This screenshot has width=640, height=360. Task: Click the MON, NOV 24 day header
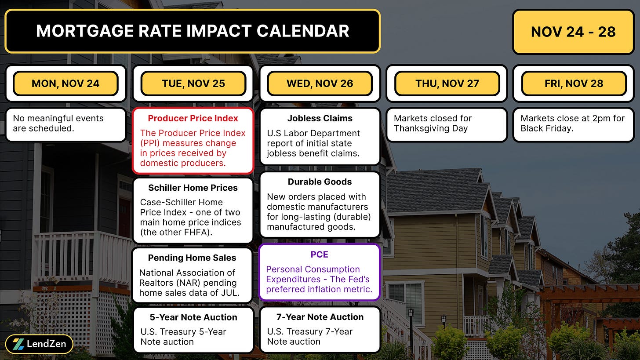[65, 84]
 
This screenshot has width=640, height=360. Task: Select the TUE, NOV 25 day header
[193, 84]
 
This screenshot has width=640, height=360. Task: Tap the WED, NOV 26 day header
[320, 84]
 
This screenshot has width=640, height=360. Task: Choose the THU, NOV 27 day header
[447, 84]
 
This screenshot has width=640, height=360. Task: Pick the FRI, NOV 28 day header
[574, 84]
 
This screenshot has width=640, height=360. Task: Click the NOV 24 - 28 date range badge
[573, 32]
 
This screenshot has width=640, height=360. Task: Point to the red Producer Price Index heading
[193, 118]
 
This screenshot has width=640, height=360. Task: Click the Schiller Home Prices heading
[193, 188]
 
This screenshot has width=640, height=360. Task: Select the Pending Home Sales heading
[192, 258]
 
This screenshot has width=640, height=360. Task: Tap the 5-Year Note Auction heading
[193, 317]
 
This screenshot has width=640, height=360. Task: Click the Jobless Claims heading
[320, 118]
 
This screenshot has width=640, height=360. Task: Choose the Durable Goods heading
[320, 182]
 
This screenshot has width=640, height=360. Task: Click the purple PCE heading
[320, 254]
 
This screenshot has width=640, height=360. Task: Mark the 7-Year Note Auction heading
[320, 317]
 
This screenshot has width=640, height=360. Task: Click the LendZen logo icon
[18, 344]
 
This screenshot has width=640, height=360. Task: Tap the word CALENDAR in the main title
[303, 31]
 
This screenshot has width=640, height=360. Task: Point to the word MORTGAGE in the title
[85, 31]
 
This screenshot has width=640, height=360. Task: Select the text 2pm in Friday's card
[601, 119]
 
